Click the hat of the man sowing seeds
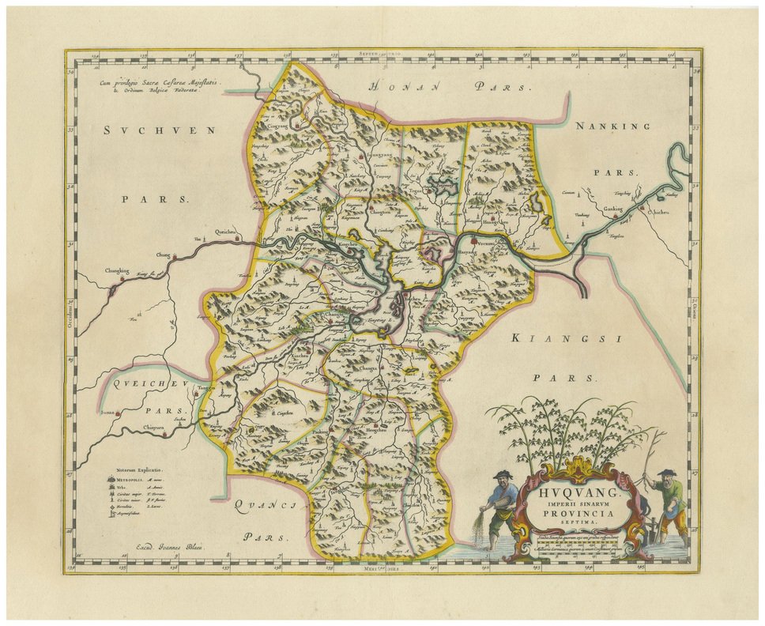point(503,474)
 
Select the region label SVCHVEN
point(159,130)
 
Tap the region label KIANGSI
point(563,338)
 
